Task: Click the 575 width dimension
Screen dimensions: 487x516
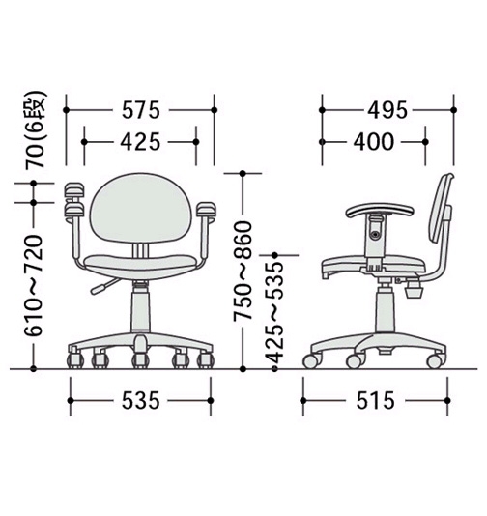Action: (x=141, y=110)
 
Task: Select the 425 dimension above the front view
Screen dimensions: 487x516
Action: (x=140, y=142)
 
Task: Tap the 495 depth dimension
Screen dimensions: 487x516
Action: (x=387, y=110)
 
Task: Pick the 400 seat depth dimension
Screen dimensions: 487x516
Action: (x=374, y=142)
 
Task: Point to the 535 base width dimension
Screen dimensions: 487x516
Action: (x=141, y=400)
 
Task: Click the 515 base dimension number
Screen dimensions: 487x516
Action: (x=376, y=400)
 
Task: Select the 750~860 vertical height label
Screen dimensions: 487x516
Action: (x=243, y=271)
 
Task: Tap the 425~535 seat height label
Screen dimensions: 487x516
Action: (x=274, y=312)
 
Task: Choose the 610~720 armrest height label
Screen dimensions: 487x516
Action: (x=34, y=285)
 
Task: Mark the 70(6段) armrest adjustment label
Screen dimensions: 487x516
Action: (x=34, y=129)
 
